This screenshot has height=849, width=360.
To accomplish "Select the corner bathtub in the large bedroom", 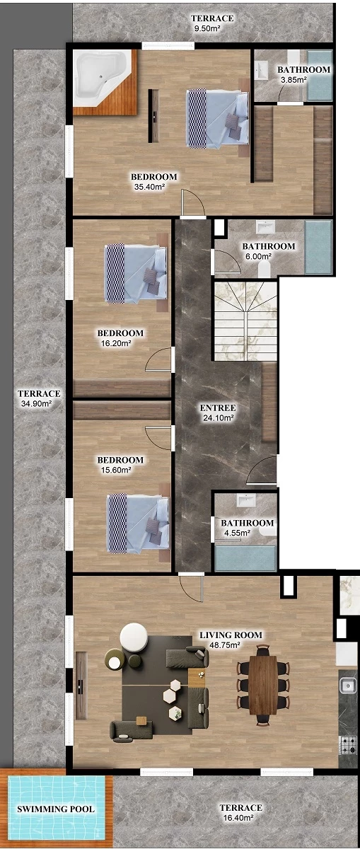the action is click(103, 79).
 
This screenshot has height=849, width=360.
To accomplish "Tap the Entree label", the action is click(218, 408).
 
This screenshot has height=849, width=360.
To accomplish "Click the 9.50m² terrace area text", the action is click(207, 28).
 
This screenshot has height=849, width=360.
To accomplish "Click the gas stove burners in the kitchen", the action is click(348, 745).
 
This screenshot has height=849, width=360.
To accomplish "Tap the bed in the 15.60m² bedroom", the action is click(139, 523).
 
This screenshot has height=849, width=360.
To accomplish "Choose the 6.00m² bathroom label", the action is click(269, 246).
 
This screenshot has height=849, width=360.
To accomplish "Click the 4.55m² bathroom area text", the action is click(237, 533).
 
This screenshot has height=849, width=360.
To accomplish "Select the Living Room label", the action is click(231, 635).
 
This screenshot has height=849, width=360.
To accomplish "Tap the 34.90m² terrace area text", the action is click(36, 404).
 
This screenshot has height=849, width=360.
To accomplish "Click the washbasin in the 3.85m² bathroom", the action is click(261, 71).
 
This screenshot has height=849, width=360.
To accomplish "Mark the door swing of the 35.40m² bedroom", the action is click(193, 204).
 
